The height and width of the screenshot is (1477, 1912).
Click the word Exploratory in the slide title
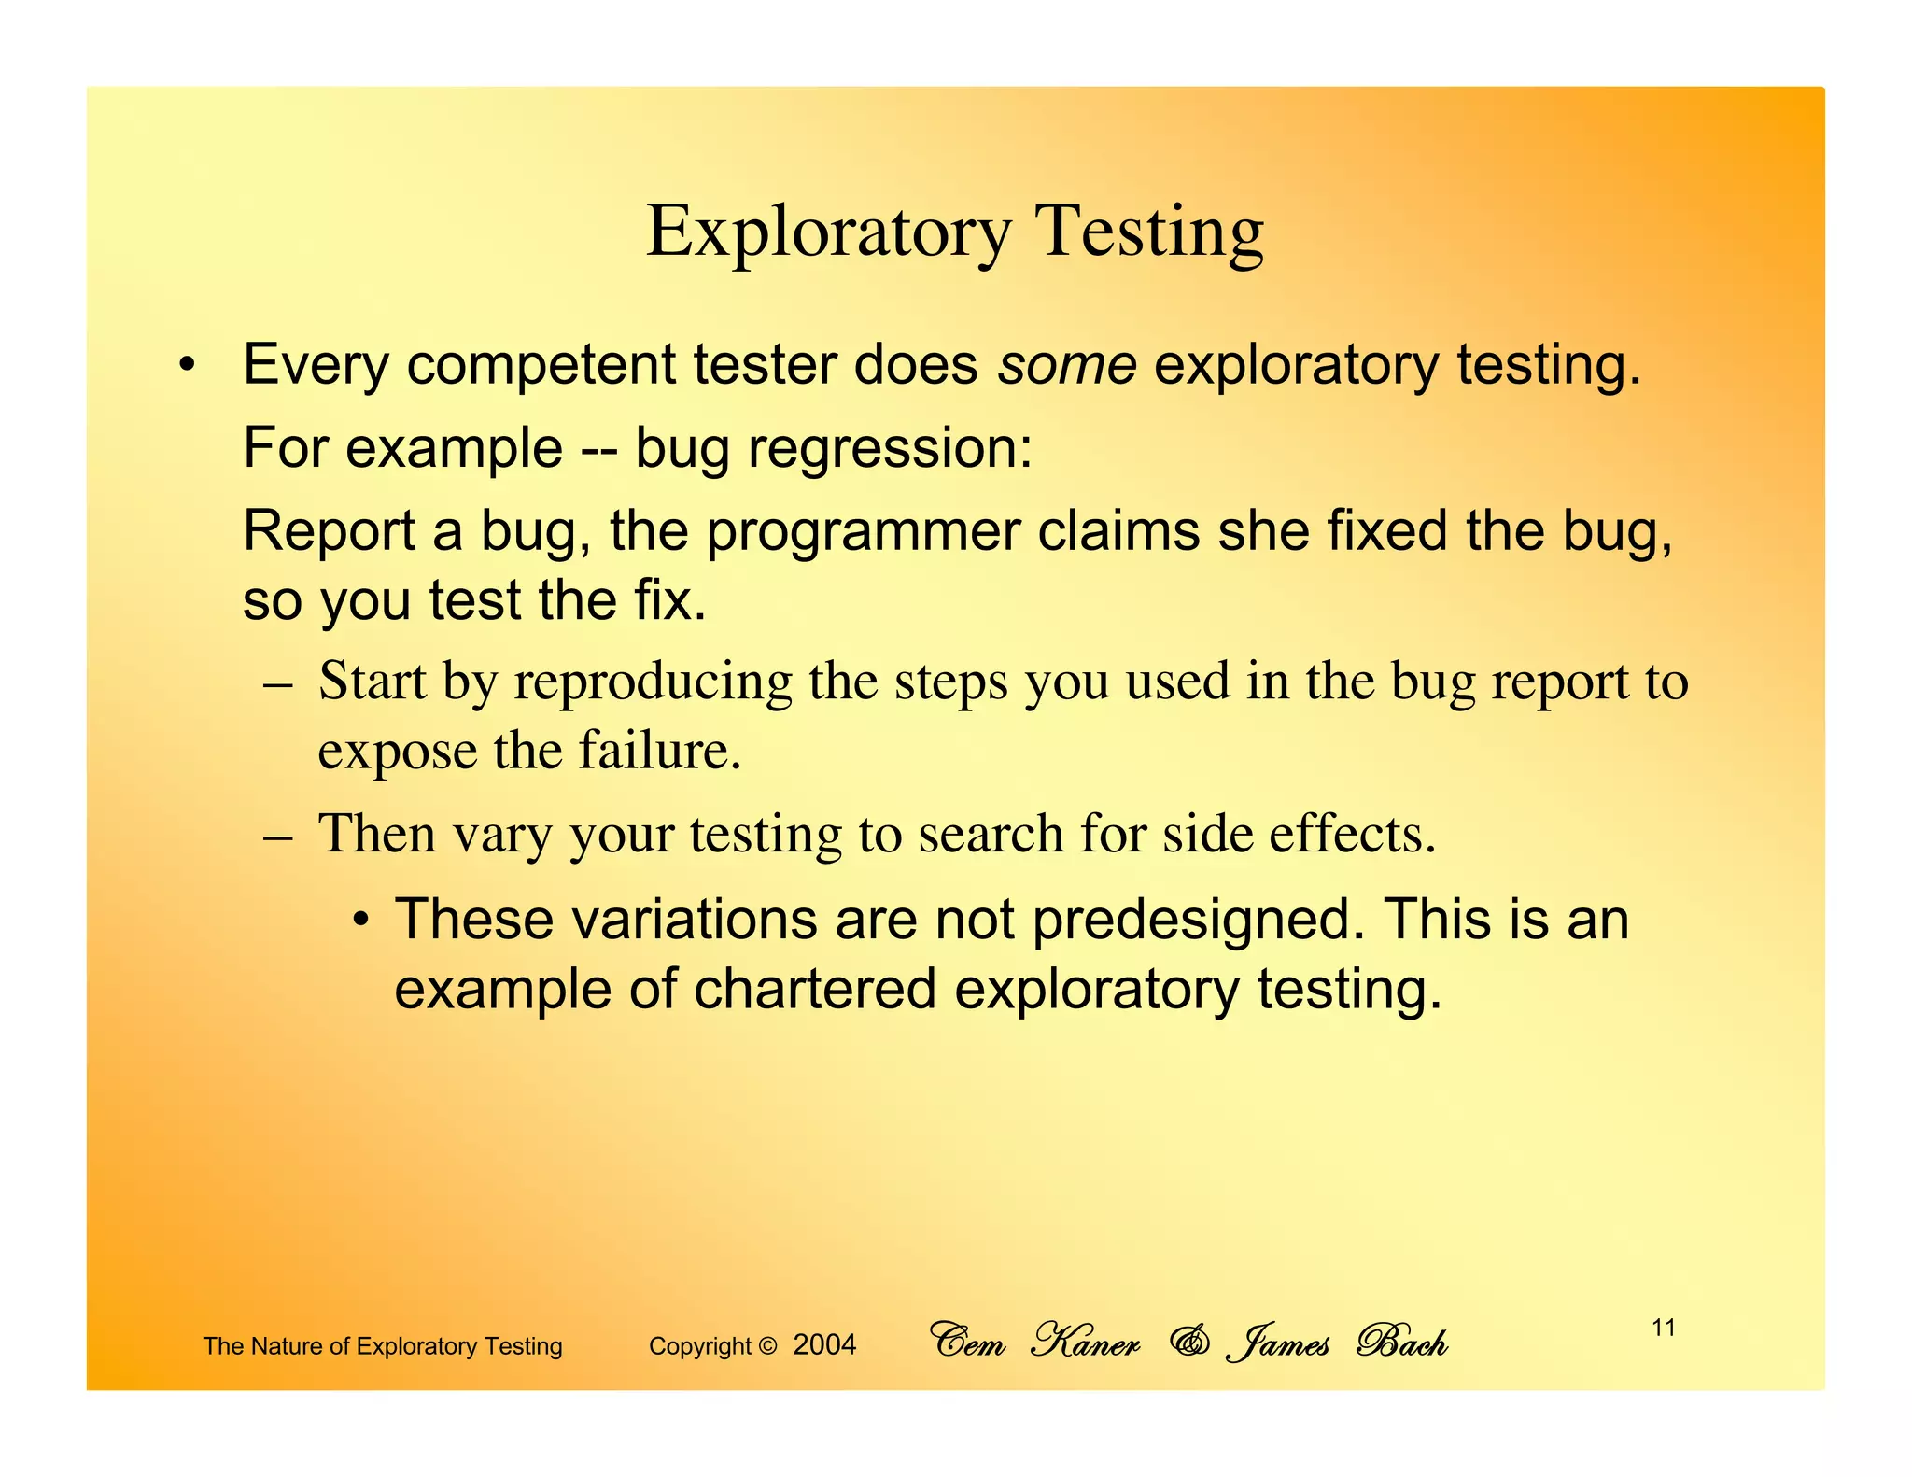pyautogui.click(x=828, y=232)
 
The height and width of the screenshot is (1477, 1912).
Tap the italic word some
pyautogui.click(x=1067, y=365)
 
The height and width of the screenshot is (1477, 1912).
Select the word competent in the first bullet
pyautogui.click(x=541, y=365)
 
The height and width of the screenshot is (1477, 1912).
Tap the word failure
pyautogui.click(x=659, y=751)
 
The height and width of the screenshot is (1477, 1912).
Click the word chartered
pyautogui.click(x=814, y=990)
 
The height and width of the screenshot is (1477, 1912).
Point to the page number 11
pyautogui.click(x=1663, y=1328)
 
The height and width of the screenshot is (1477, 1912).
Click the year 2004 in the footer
pyautogui.click(x=824, y=1345)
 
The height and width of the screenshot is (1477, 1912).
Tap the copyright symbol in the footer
pyautogui.click(x=767, y=1346)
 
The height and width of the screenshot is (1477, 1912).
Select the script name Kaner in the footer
pyautogui.click(x=1085, y=1343)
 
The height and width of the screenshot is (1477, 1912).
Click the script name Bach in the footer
pyautogui.click(x=1401, y=1343)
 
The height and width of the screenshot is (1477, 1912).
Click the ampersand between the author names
pyautogui.click(x=1189, y=1343)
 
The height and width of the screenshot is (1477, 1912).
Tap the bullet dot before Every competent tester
pyautogui.click(x=188, y=366)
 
